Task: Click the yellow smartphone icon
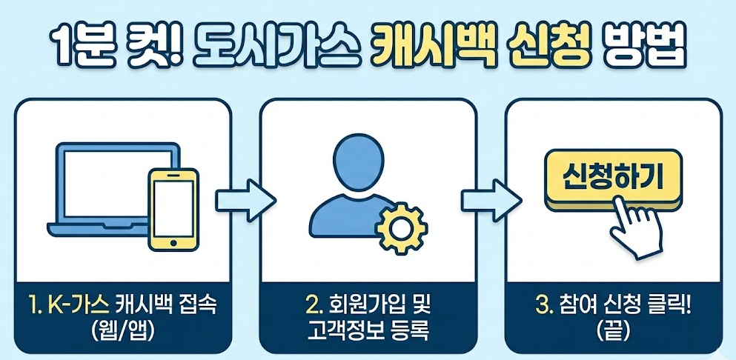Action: (x=174, y=208)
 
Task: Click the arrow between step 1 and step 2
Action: (x=245, y=199)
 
